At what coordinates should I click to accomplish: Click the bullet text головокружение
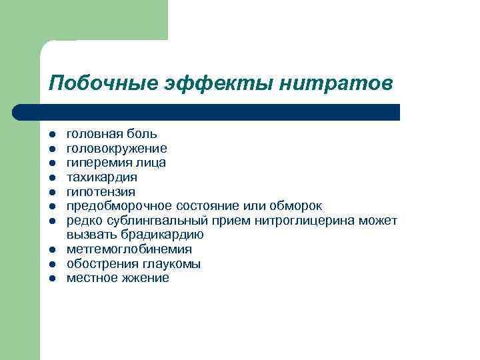pyautogui.click(x=117, y=148)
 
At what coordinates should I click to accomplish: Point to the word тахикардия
pyautogui.click(x=102, y=177)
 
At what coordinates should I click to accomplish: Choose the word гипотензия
pyautogui.click(x=101, y=192)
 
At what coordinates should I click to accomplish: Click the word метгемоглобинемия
pyautogui.click(x=129, y=249)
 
